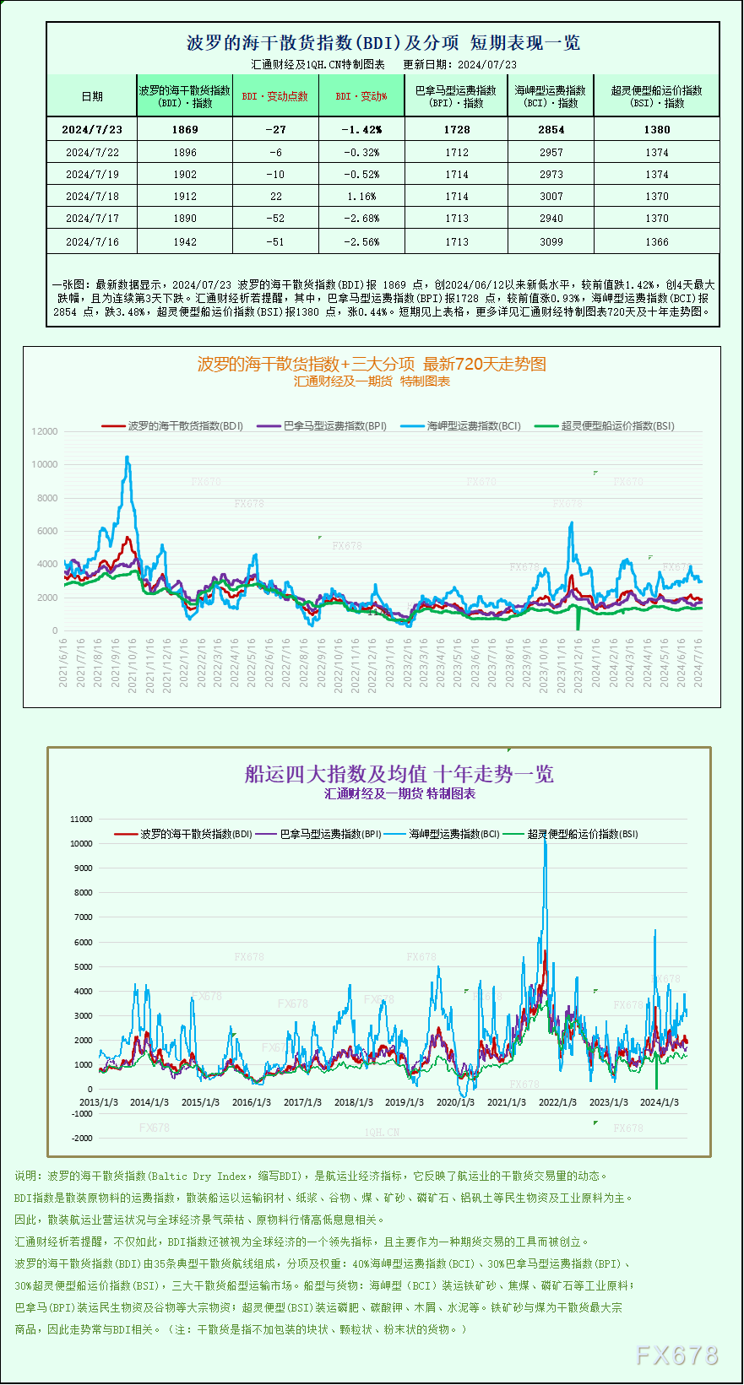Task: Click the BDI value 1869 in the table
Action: point(184,129)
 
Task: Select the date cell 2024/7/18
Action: point(92,196)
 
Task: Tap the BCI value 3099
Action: point(551,241)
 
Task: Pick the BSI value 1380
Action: point(656,129)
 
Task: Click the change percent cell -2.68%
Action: point(361,218)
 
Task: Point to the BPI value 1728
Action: point(456,129)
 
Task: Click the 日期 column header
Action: point(92,96)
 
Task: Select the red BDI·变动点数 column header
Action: point(274,96)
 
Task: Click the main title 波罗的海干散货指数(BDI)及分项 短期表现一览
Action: point(383,42)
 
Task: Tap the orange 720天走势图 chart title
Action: point(372,364)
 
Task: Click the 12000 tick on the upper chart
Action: point(45,431)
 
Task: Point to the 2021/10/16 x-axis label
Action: point(133,665)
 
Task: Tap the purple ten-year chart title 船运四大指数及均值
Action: point(399,774)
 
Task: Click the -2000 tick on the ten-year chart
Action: point(82,1138)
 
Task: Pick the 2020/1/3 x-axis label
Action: point(455,1102)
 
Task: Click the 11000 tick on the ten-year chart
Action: point(81,819)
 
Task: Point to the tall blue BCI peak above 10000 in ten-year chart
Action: point(545,844)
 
